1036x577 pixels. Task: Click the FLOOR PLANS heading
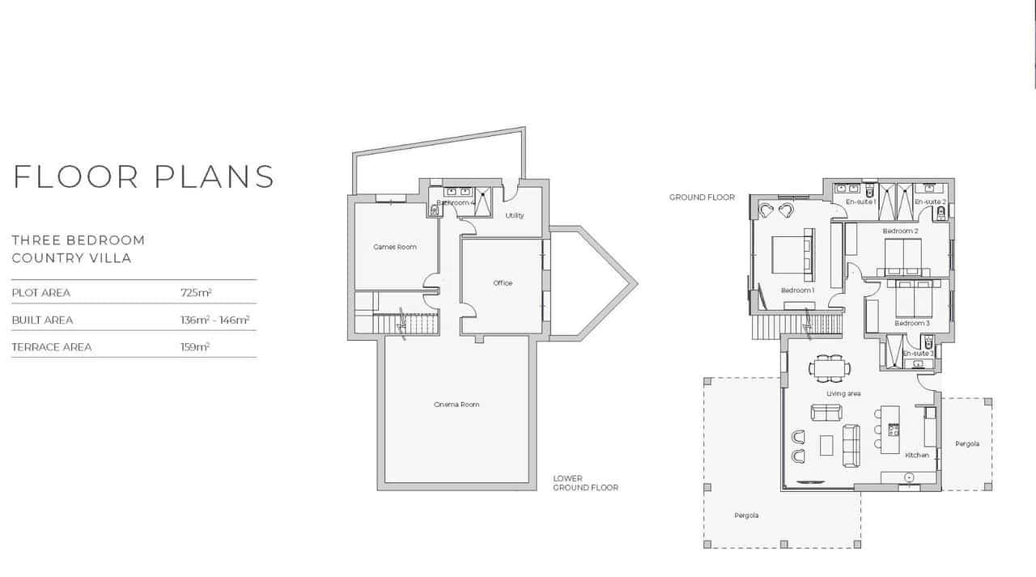[144, 176]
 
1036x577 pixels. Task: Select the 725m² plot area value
[196, 292]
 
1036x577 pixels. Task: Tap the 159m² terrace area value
[195, 346]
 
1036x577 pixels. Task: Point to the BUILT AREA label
[42, 320]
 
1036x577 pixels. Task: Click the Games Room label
[395, 247]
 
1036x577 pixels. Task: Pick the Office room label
[503, 283]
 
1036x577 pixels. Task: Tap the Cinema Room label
[456, 405]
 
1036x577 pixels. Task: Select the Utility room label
[515, 215]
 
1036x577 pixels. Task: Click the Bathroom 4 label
[456, 202]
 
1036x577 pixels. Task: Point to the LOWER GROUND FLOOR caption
[585, 483]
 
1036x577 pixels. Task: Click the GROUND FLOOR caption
[702, 197]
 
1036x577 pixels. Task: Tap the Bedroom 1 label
[797, 291]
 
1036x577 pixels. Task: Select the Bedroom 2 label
[900, 231]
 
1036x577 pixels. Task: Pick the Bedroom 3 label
[911, 324]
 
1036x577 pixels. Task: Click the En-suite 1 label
[861, 202]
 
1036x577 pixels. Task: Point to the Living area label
[843, 394]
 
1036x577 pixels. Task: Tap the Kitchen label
[917, 456]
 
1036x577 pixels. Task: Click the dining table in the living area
[830, 368]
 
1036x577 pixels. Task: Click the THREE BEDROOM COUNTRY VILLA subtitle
[79, 249]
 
